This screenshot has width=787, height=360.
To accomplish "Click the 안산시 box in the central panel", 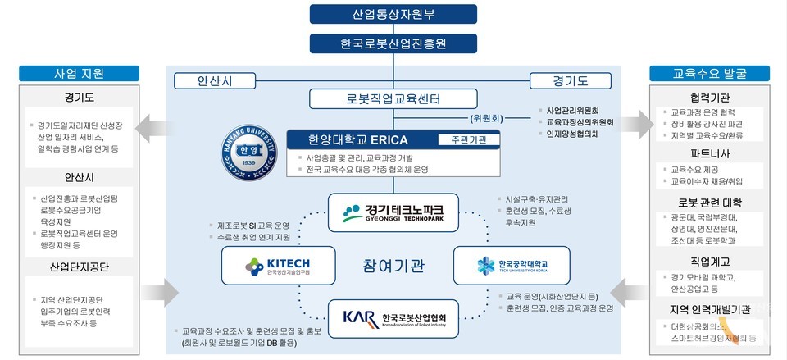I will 215,80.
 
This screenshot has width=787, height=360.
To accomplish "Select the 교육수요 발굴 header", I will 710,73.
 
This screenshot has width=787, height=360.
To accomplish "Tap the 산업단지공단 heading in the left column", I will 80,267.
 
